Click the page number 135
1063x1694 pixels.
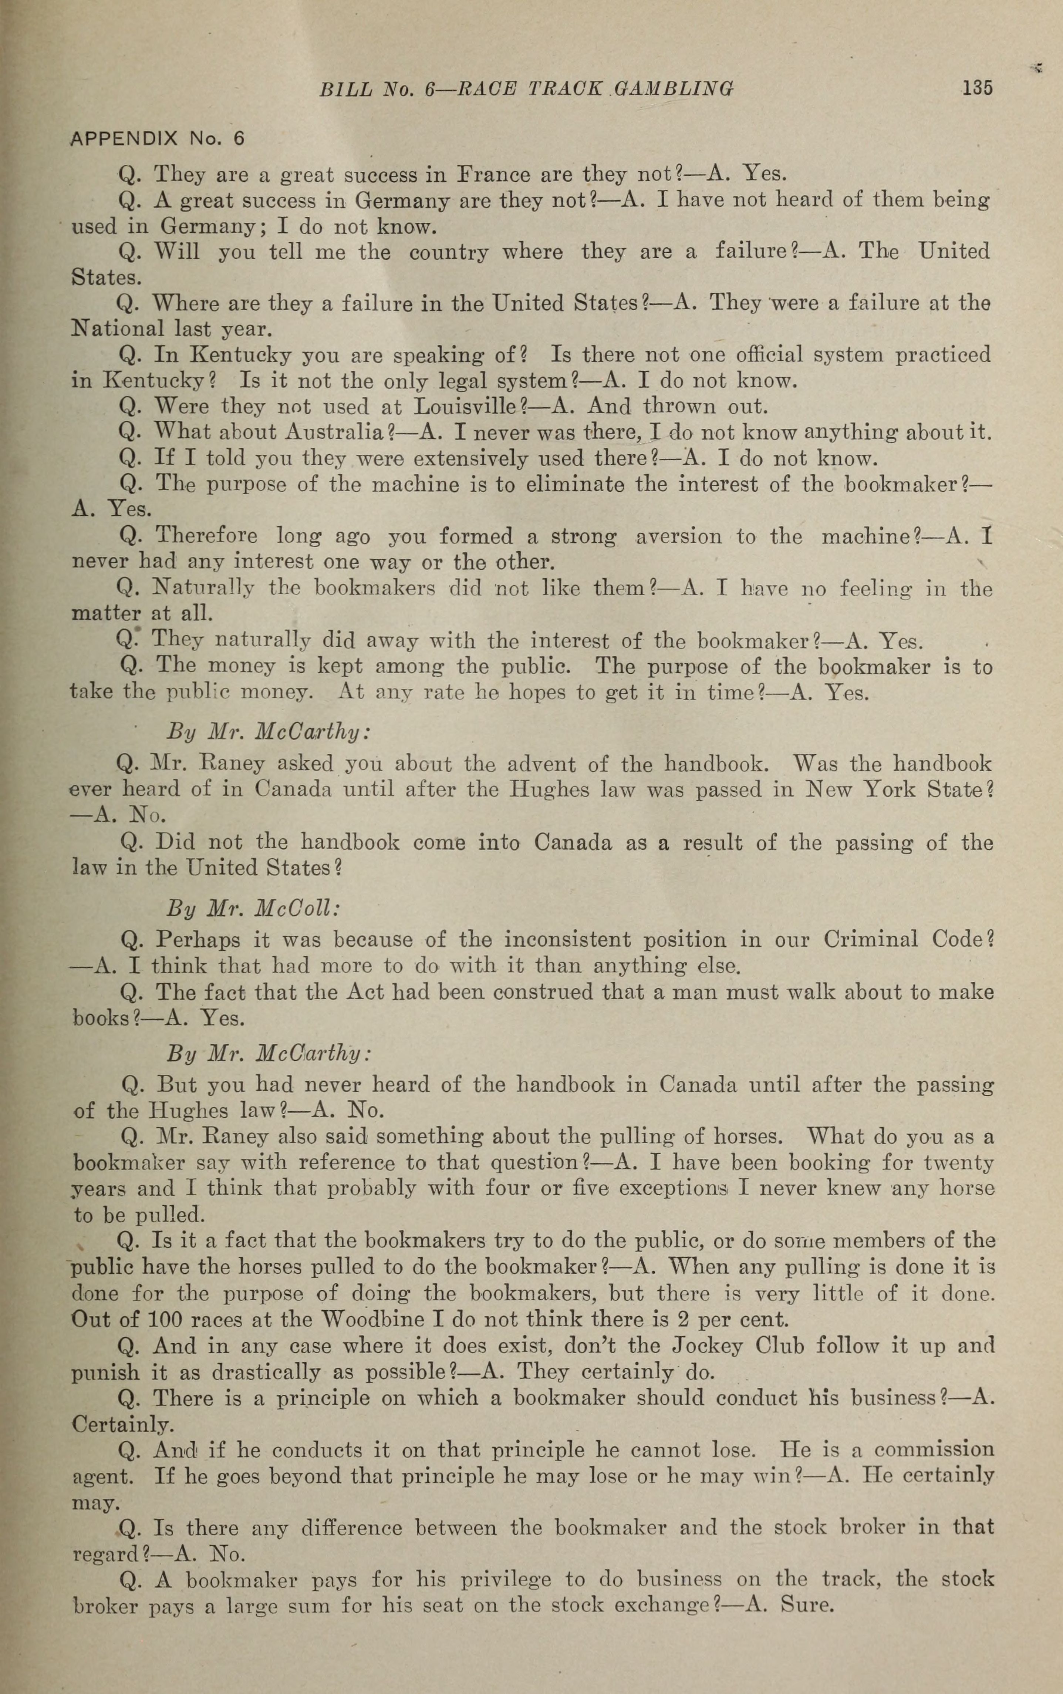point(977,88)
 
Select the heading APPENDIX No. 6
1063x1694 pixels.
point(158,138)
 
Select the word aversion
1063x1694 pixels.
point(678,536)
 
